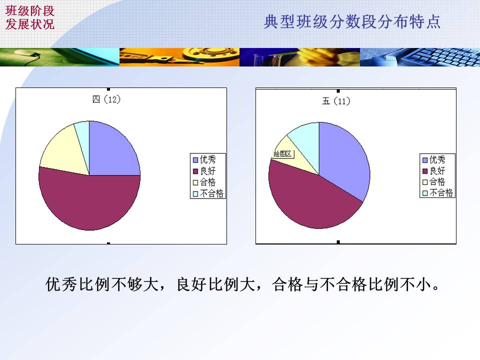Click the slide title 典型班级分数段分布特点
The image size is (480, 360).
pos(352,21)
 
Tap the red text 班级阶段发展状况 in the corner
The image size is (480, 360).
pos(30,17)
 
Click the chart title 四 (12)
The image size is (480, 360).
pos(106,99)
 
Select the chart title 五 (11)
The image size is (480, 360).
pos(336,101)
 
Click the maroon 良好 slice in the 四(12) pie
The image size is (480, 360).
pos(89,202)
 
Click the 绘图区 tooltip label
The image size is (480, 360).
pos(282,154)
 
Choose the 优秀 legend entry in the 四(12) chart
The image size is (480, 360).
pos(204,159)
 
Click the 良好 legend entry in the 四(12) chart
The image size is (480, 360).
pos(204,171)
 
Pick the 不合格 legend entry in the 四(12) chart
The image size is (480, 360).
pos(208,193)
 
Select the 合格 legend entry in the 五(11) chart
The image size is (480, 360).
pos(434,182)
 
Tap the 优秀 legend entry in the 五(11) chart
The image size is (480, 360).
pos(434,159)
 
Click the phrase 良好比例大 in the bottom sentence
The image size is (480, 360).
pos(216,284)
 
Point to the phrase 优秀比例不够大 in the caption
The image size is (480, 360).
pos(102,284)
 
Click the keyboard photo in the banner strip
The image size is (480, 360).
pos(420,57)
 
